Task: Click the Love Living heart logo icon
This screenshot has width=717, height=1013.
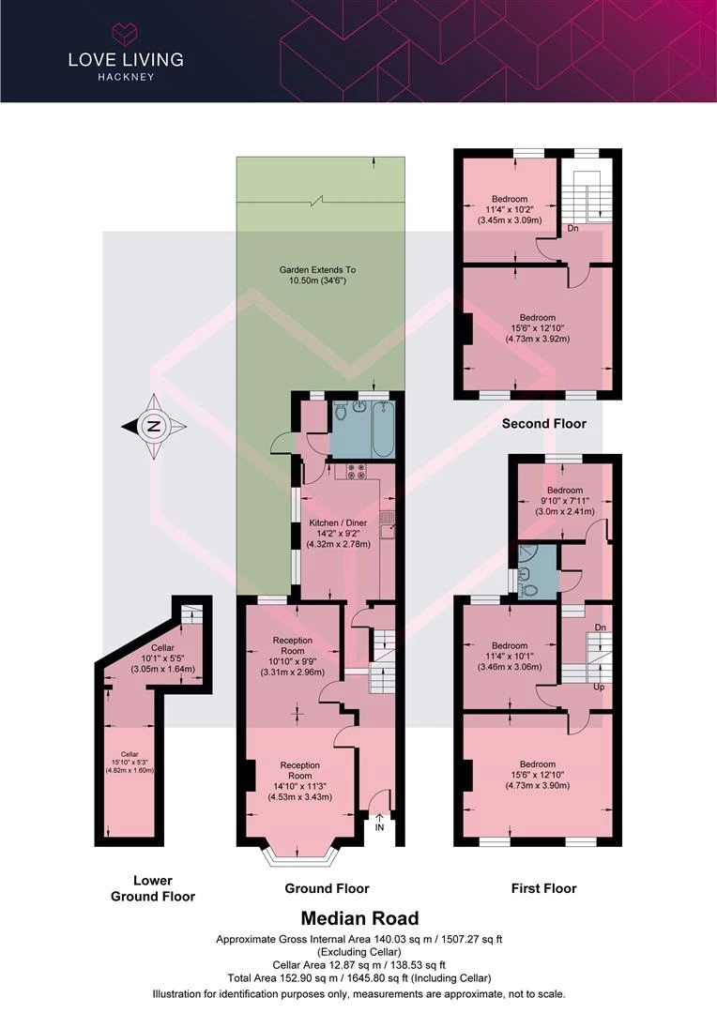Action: coord(126,33)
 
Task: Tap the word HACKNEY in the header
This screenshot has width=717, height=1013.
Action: coord(126,77)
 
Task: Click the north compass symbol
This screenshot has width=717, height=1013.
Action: coord(154,426)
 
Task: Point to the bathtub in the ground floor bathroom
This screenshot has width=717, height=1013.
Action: coord(383,429)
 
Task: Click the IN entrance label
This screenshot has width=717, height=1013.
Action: coord(379,827)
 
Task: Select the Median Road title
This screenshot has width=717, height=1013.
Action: coord(360,918)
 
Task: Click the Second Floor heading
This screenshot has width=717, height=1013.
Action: coord(543,424)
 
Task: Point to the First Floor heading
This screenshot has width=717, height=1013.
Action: coord(543,888)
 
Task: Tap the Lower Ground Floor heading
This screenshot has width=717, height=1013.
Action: coord(153,888)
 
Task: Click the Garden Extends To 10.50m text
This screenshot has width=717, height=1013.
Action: coord(317,275)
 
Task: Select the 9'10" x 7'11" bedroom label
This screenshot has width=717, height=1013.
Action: coord(564,501)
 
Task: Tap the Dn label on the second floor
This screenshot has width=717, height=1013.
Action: coord(572,228)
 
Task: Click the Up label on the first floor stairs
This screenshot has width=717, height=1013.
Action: coord(599,687)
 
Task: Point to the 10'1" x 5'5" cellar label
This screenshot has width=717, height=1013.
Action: coord(163,658)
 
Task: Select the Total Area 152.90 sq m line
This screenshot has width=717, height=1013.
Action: coord(358,978)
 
